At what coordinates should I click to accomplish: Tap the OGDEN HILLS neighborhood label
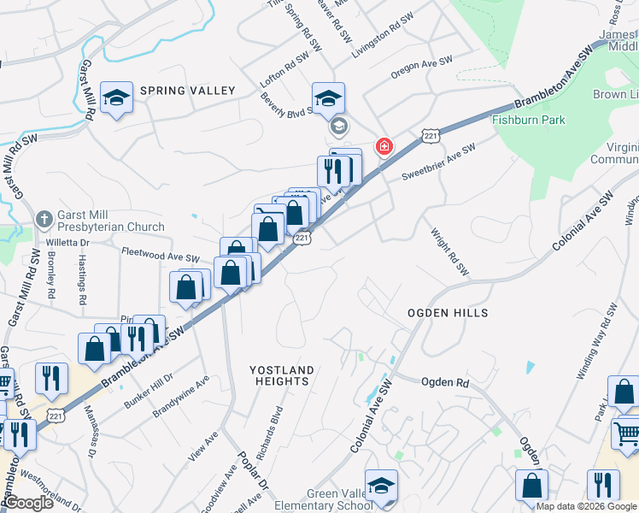(448, 313)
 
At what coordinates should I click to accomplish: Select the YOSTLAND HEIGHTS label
(282, 375)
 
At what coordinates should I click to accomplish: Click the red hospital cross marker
(384, 146)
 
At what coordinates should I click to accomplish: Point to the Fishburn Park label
(528, 120)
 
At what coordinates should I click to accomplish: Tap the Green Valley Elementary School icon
(380, 486)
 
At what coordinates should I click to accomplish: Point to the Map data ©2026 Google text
(586, 506)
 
